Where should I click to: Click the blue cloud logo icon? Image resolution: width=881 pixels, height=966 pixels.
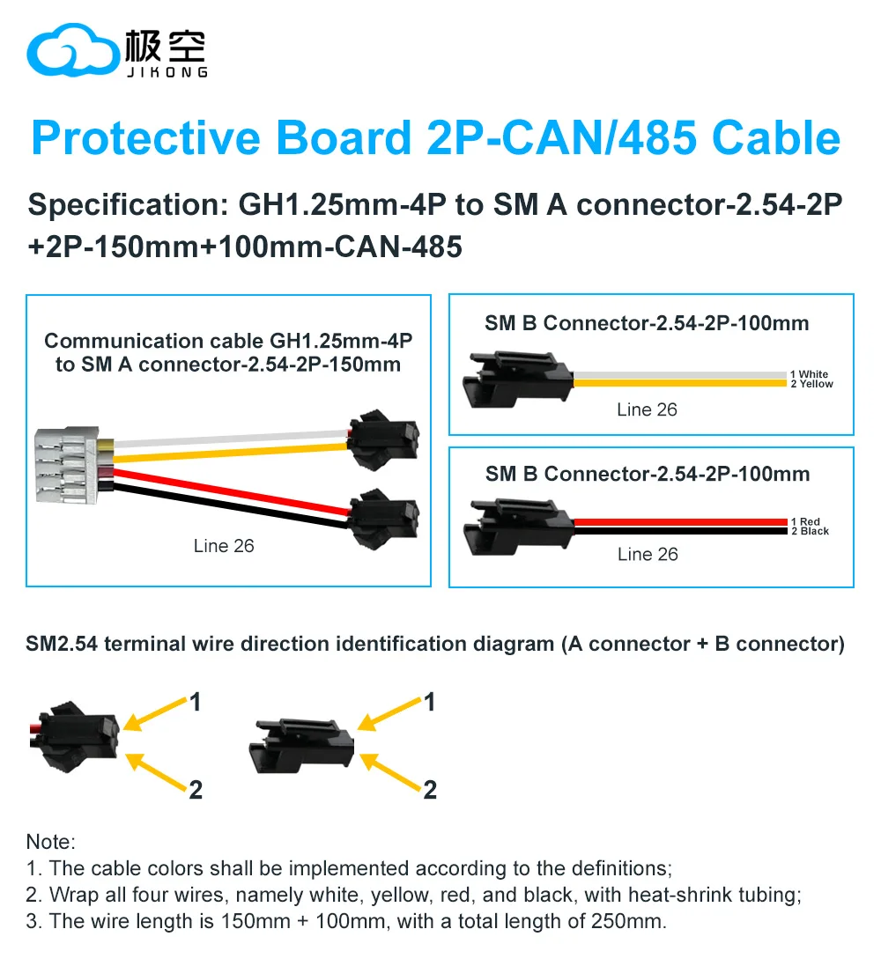point(73,50)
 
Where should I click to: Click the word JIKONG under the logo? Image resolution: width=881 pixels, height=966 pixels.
point(167,72)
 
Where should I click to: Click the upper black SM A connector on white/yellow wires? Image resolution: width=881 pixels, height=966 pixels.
point(383,438)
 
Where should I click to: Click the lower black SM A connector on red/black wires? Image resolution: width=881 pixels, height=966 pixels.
point(383,519)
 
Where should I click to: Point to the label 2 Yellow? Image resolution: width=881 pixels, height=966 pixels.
point(811,384)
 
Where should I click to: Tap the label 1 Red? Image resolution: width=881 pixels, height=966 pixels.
point(805,521)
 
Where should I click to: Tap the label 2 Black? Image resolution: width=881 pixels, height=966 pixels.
point(810,531)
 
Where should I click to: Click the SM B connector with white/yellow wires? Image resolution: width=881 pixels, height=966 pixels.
point(518,380)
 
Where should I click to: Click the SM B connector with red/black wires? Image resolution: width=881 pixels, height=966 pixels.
point(519,527)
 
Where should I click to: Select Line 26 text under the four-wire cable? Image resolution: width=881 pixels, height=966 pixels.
point(223,546)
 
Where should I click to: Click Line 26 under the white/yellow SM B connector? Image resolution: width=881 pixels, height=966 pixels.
point(647,409)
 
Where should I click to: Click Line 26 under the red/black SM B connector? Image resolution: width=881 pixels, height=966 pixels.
point(648,555)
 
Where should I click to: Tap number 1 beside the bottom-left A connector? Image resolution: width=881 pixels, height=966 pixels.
point(196,702)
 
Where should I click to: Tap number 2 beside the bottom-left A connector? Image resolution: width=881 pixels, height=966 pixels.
point(196,790)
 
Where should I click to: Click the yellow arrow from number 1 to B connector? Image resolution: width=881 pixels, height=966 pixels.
point(390,714)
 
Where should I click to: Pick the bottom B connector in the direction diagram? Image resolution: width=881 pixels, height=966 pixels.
point(300,746)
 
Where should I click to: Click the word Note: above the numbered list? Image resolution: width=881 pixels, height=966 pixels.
point(50,842)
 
